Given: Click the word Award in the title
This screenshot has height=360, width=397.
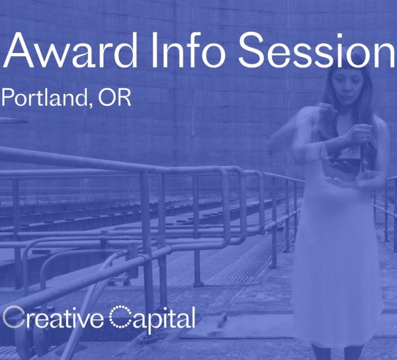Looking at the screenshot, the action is pos(70,50).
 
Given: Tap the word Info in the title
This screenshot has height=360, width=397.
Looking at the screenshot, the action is pos(188,50).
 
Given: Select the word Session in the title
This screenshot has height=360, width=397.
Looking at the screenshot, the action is pos(317,50).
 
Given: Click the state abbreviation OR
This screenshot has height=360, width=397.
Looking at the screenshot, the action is pos(114,97).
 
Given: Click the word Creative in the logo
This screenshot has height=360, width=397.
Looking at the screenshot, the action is pos(53,318).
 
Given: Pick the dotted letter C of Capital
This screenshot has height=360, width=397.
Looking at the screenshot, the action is pos(120,317).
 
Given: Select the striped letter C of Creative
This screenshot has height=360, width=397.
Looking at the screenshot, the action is pos(13,318).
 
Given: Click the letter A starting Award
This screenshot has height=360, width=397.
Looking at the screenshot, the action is pos(19,50).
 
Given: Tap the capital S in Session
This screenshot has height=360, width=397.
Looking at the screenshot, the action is pos(251,50).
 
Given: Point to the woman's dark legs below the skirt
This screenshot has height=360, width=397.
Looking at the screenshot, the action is pos(337,352).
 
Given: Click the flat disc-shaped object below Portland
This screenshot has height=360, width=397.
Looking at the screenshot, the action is pos(13,120).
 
